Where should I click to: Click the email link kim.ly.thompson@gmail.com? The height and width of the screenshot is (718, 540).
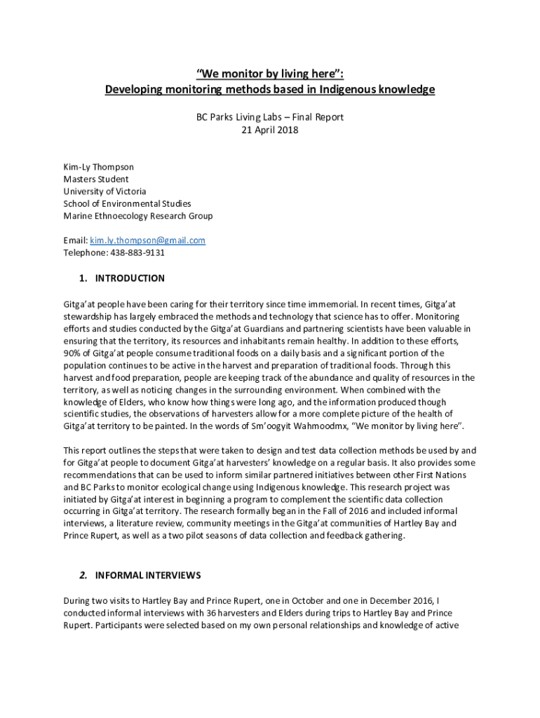pos(148,241)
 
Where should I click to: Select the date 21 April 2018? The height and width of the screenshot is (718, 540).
pos(269,130)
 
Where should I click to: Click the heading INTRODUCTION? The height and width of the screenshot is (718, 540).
pos(130,278)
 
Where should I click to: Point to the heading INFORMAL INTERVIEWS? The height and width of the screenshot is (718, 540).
pos(148,576)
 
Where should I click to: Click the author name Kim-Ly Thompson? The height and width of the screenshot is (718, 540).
pos(99,167)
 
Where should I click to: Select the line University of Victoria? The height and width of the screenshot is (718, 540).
pos(105,191)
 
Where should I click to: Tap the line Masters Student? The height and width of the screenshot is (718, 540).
pos(96,179)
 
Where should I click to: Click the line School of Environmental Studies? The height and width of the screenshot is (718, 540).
pos(127,203)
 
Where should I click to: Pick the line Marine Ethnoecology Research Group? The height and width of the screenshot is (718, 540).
pos(138,216)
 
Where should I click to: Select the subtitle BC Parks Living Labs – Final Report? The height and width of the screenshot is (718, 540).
pos(270,118)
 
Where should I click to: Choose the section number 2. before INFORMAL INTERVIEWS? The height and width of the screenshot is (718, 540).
pos(83,576)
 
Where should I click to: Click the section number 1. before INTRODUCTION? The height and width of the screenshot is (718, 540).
pos(83,278)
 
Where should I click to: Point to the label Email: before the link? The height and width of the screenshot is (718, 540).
pos(76,241)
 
